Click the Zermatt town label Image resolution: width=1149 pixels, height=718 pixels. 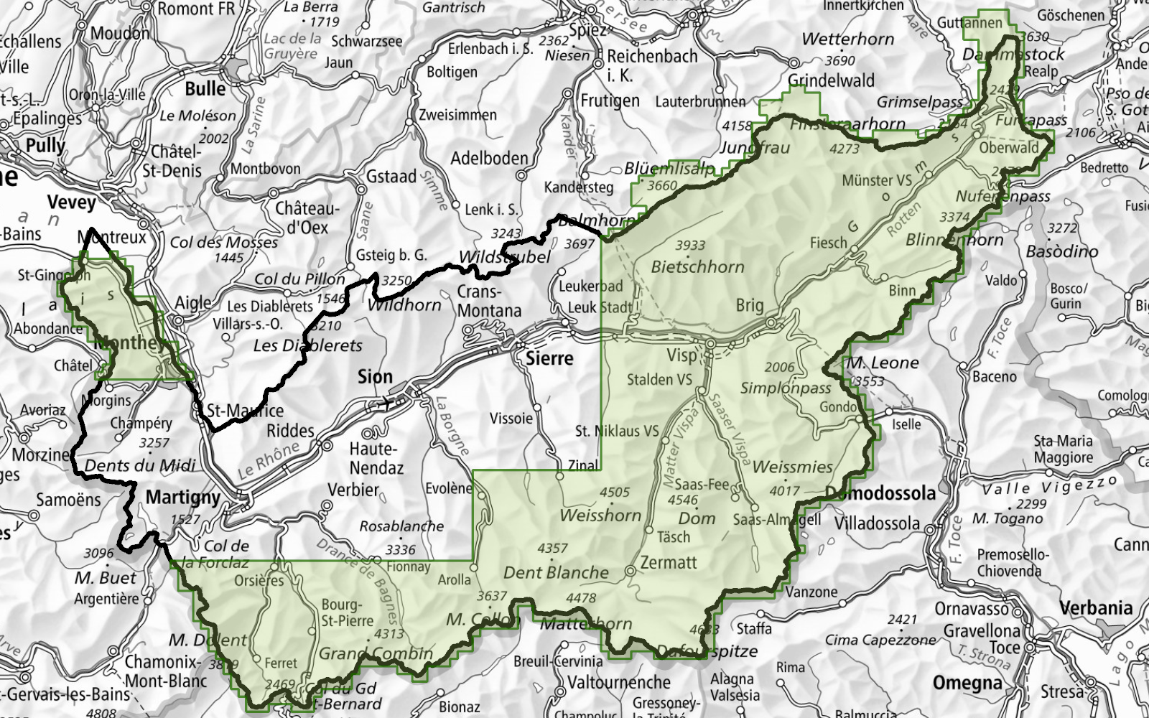click(669, 563)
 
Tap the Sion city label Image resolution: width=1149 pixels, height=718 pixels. click(375, 376)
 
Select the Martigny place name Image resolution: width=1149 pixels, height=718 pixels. click(182, 497)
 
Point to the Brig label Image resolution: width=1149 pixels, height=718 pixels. click(750, 305)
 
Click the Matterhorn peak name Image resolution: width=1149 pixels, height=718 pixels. click(586, 623)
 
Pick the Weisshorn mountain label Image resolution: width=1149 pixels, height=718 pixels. click(600, 515)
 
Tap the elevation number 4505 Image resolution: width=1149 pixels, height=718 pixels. click(614, 493)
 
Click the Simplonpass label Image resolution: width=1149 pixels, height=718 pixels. click(786, 388)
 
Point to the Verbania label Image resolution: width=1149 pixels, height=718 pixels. click(1096, 608)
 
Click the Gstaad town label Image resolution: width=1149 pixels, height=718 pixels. click(391, 176)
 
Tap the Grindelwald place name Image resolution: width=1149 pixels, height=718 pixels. click(831, 80)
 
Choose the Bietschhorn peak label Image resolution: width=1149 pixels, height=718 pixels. click(697, 267)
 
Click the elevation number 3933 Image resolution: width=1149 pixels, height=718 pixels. click(690, 246)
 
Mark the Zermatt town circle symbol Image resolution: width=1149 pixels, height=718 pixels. click(630, 571)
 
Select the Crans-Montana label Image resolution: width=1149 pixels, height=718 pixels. click(489, 302)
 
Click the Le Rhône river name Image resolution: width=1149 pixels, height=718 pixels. click(269, 460)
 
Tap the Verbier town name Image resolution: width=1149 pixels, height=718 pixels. click(353, 490)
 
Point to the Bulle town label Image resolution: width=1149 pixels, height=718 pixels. click(205, 89)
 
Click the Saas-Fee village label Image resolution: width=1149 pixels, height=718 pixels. click(702, 485)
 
